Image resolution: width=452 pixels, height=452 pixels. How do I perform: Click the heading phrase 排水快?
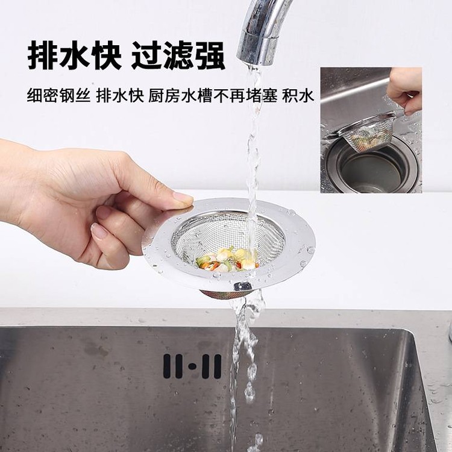coord(74,55)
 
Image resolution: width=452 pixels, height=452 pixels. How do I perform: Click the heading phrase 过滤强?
coord(178,55)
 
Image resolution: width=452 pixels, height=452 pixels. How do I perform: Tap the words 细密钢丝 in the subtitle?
coord(58,95)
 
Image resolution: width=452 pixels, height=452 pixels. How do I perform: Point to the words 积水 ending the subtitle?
coord(298,95)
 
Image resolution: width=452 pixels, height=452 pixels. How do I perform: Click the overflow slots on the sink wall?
coord(192,366)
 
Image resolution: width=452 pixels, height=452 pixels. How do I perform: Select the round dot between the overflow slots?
coord(192,366)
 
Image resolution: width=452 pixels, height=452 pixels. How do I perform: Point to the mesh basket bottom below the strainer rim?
coord(224,294)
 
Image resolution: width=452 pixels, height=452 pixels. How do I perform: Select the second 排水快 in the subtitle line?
coord(120,95)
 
